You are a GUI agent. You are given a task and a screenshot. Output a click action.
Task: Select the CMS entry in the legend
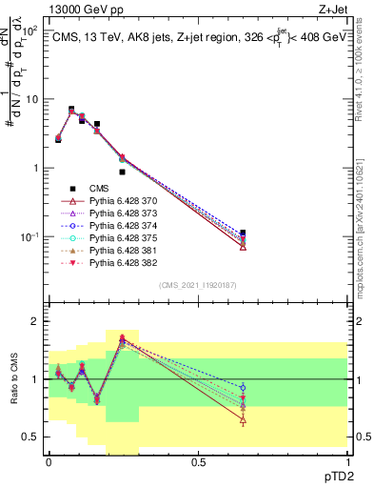[100, 188]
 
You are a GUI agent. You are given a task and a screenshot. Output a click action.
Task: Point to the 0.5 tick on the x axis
[197, 460]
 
